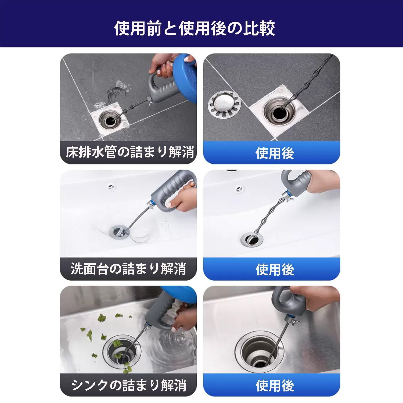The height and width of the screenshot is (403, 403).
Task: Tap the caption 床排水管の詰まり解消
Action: pos(130,152)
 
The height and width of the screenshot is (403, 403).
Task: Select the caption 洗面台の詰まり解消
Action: pos(128,269)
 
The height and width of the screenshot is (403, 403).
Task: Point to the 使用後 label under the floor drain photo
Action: pos(275,153)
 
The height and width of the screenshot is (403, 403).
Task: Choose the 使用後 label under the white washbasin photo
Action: pos(275,269)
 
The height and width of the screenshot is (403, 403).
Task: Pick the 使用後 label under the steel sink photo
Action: pos(275,386)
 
